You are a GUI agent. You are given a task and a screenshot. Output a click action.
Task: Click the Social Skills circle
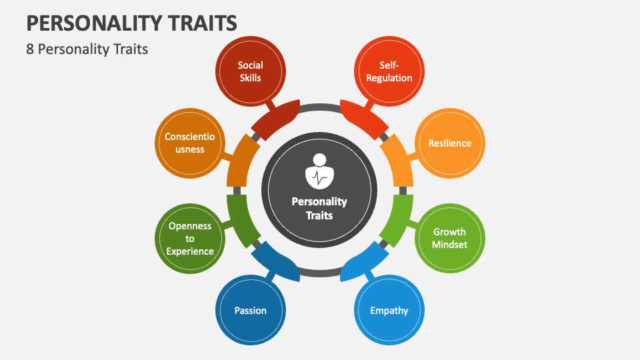pyautogui.click(x=251, y=71)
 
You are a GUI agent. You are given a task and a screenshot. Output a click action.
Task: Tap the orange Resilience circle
pyautogui.click(x=450, y=143)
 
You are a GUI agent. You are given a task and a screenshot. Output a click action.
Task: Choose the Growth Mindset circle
pyautogui.click(x=450, y=238)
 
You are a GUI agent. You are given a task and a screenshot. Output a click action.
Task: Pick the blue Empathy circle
pyautogui.click(x=389, y=310)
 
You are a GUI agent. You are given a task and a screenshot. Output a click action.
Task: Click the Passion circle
pyautogui.click(x=251, y=310)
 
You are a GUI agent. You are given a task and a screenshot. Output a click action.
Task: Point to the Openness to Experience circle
pyautogui.click(x=190, y=238)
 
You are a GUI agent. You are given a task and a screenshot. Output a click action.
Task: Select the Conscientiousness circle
pyautogui.click(x=190, y=143)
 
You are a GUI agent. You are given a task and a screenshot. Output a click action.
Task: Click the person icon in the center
pyautogui.click(x=319, y=172)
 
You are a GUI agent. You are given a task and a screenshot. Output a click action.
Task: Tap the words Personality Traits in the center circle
pyautogui.click(x=319, y=208)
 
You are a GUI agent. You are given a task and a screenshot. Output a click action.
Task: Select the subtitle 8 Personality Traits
pyautogui.click(x=87, y=49)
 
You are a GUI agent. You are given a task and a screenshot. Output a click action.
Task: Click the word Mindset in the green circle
pyautogui.click(x=450, y=244)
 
